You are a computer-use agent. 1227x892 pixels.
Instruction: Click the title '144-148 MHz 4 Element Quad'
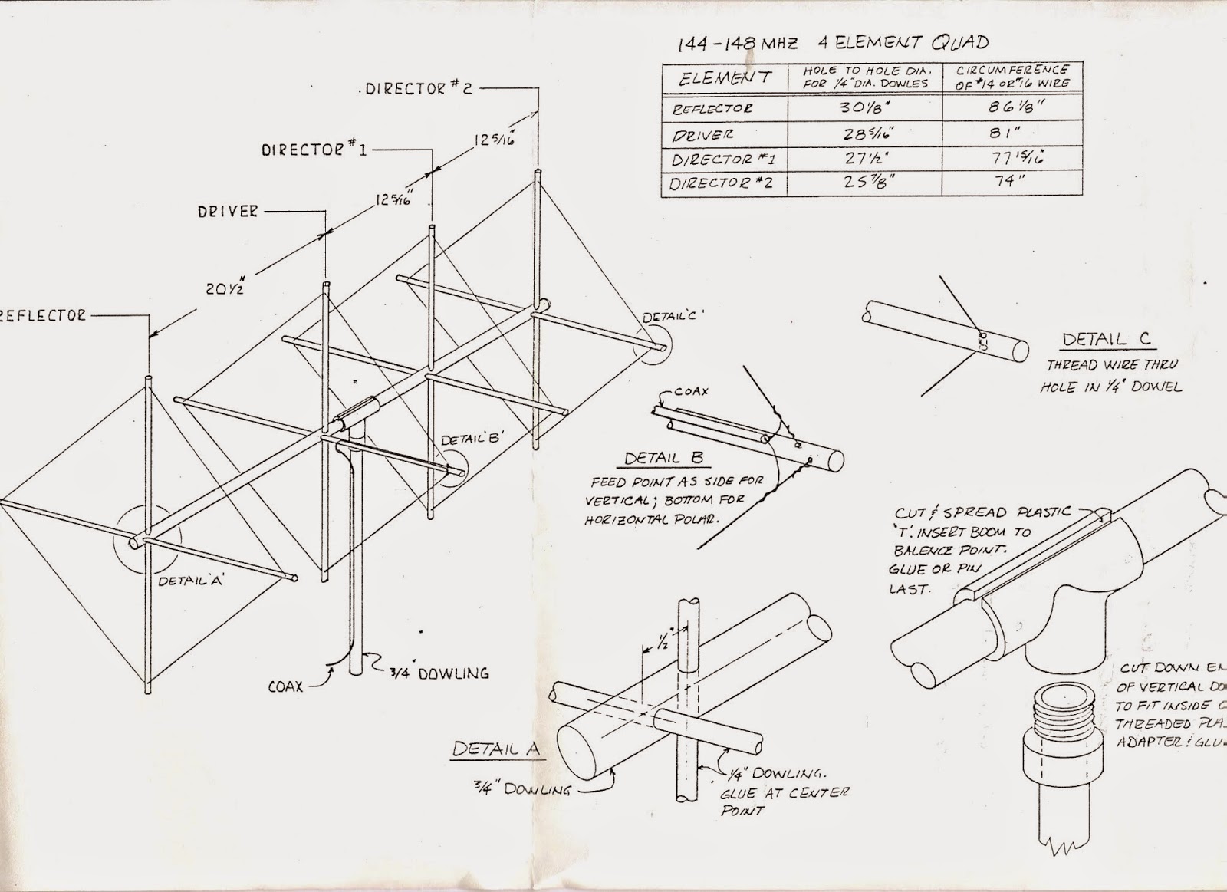click(832, 44)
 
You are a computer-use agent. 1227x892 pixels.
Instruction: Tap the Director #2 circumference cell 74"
click(1011, 181)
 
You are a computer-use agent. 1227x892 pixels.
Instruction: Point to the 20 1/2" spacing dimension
click(220, 288)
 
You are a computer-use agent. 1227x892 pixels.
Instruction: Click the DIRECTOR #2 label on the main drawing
click(417, 88)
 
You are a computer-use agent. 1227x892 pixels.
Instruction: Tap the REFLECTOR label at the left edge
click(42, 315)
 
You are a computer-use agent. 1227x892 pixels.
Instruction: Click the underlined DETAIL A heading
click(495, 749)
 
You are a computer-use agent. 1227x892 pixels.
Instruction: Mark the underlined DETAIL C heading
click(1107, 340)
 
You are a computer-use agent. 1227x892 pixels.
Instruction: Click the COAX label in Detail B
click(691, 391)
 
